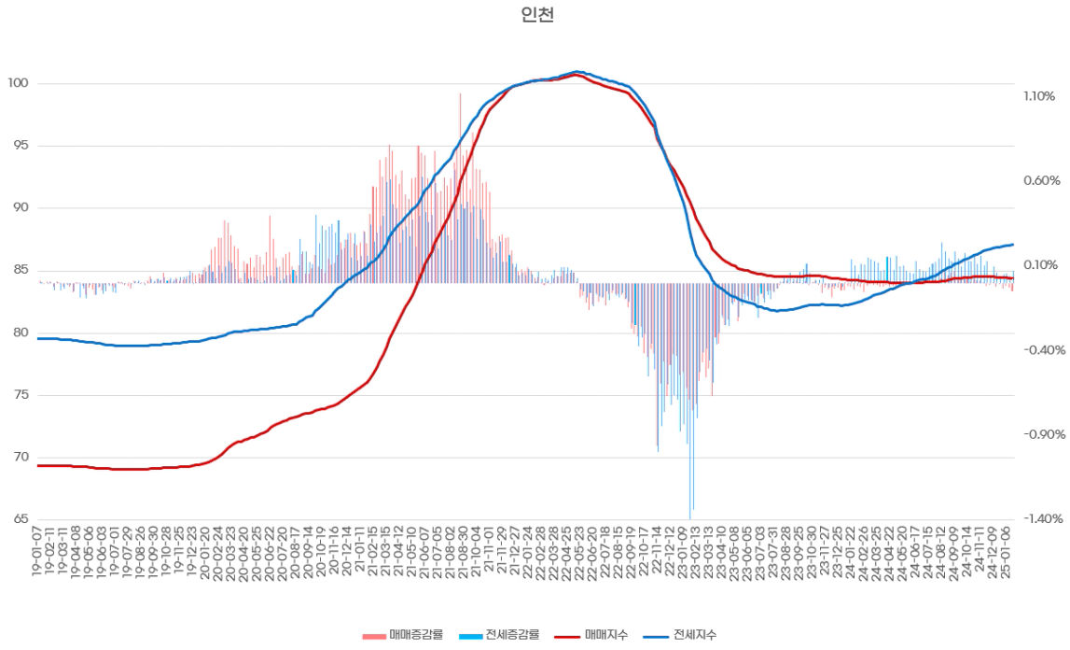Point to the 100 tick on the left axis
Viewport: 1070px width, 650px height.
pyautogui.click(x=19, y=84)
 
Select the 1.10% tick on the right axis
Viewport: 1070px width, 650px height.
pyautogui.click(x=1037, y=96)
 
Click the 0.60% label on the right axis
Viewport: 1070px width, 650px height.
pyautogui.click(x=1037, y=180)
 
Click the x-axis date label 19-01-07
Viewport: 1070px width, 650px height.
pyautogui.click(x=37, y=551)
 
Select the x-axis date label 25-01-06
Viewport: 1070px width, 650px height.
pyautogui.click(x=1007, y=551)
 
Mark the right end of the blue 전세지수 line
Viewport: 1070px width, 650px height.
pyautogui.click(x=1013, y=245)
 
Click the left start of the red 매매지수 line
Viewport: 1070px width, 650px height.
pyautogui.click(x=38, y=465)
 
